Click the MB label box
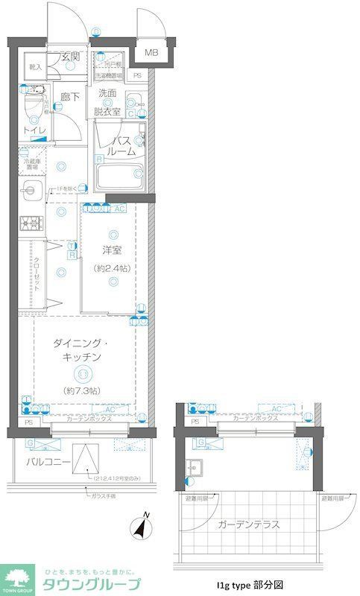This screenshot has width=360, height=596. [x=151, y=52]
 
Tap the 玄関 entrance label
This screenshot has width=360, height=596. [x=71, y=57]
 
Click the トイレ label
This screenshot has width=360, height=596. [x=34, y=130]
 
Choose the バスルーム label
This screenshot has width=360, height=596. [x=121, y=146]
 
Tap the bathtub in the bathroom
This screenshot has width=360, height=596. [x=121, y=177]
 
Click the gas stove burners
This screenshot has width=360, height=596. [x=31, y=222]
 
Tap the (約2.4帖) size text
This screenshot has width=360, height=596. [x=112, y=268]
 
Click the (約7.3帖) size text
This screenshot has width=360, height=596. [x=83, y=390]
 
